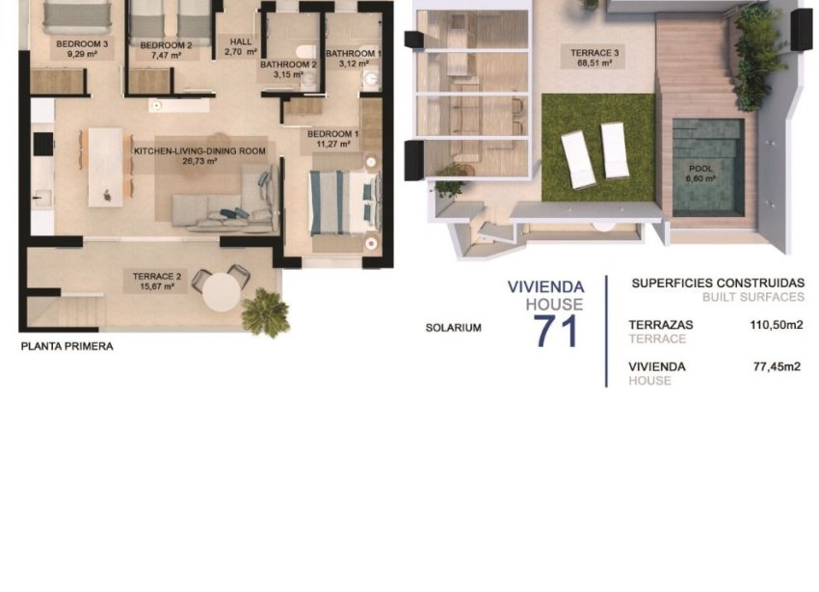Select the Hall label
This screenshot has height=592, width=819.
point(239,41)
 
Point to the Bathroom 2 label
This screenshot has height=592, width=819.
point(288,65)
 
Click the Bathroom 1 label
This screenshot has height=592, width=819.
point(354,53)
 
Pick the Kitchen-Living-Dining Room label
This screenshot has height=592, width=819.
point(199,151)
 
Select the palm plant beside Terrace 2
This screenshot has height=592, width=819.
point(265,312)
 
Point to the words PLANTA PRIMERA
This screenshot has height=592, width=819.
point(66,346)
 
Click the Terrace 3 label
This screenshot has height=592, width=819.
point(583,53)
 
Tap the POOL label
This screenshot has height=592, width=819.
point(700,169)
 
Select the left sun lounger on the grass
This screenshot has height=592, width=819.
point(577,159)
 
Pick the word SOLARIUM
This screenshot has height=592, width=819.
point(453,328)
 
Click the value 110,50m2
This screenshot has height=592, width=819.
point(776,325)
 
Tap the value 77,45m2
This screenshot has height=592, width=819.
point(777,366)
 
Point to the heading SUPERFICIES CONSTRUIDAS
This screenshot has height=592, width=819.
point(717,283)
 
